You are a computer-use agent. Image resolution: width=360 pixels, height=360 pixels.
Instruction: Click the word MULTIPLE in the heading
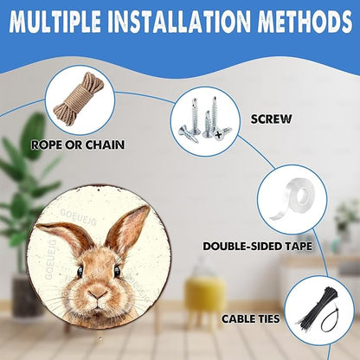point(55,21)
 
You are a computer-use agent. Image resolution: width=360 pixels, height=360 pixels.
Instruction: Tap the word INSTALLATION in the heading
point(179,21)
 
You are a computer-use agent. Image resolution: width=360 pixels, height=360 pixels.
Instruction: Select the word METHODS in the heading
point(305,21)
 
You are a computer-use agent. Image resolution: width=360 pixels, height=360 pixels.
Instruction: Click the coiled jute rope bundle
point(79,99)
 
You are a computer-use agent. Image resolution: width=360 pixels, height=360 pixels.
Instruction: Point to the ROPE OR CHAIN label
point(78,145)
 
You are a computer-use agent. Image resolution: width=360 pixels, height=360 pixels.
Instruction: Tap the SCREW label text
point(271,119)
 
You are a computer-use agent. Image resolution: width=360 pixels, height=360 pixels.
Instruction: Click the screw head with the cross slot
point(220,134)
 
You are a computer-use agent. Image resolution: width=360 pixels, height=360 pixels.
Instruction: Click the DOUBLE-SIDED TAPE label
point(258,246)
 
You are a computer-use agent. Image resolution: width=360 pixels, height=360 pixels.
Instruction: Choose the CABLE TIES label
point(251,318)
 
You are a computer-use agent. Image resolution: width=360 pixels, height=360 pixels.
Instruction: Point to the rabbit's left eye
point(80,272)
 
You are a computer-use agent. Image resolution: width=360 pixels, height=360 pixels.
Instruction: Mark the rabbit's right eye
point(117,271)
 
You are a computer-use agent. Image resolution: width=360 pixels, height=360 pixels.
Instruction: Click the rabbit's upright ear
point(127,228)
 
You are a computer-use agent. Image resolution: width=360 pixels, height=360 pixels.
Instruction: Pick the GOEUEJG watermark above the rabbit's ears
point(78,217)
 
